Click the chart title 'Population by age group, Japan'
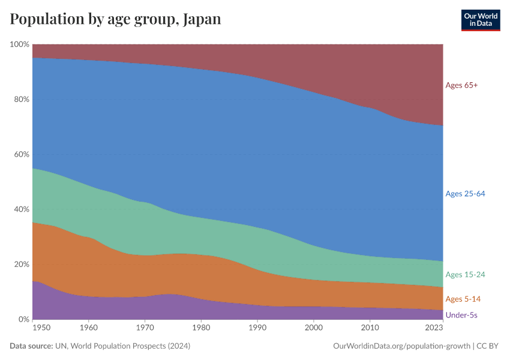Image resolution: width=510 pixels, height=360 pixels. [115, 19]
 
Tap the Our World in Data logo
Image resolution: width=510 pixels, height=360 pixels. [480, 20]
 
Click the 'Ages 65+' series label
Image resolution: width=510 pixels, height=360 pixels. [461, 85]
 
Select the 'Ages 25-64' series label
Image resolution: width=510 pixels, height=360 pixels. [465, 194]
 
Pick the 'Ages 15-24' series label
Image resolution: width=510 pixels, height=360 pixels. [465, 275]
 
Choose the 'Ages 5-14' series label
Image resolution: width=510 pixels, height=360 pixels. [463, 299]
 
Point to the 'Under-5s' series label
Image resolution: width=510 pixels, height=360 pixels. [461, 315]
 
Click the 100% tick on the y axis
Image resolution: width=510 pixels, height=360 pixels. [20, 44]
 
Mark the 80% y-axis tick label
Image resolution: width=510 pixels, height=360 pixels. [22, 100]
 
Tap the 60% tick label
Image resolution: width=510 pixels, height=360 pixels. [22, 155]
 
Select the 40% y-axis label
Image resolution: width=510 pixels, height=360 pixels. [22, 209]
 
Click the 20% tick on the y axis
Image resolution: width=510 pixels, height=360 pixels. [22, 265]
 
